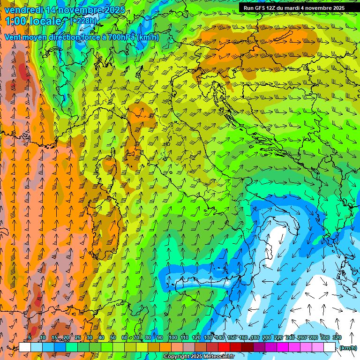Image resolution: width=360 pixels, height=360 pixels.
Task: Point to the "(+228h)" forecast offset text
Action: pyautogui.click(x=83, y=21)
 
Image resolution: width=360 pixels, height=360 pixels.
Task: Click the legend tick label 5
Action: pyautogui.click(x=30, y=337)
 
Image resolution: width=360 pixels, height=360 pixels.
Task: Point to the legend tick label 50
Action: pyautogui.click(x=113, y=337)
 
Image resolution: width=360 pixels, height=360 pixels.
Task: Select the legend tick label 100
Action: pyautogui.click(x=172, y=337)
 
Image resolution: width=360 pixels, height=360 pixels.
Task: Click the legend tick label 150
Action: pyautogui.click(x=232, y=337)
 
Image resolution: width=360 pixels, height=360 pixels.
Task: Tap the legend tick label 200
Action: pyautogui.click(x=267, y=337)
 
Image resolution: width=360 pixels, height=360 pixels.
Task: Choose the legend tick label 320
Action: pyautogui.click(x=337, y=337)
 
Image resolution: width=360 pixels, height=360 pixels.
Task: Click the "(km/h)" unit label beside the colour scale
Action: pyautogui.click(x=348, y=347)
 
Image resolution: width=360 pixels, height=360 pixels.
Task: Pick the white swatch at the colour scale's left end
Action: pyautogui.click(x=25, y=347)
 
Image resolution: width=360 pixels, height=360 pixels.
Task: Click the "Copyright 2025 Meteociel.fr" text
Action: pyautogui.click(x=199, y=357)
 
